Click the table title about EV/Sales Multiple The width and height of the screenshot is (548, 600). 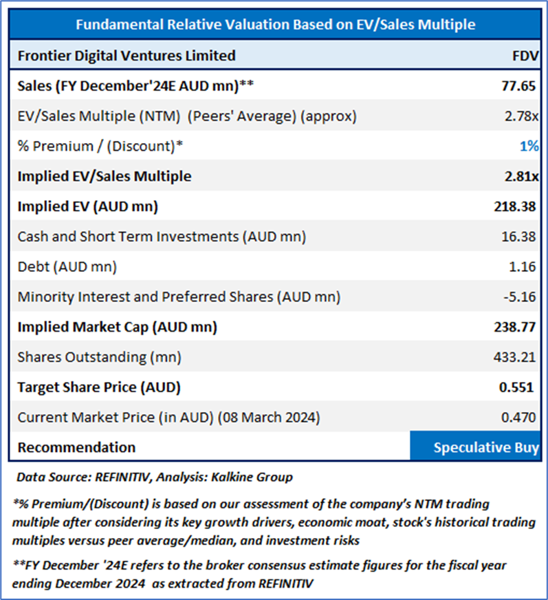(x=275, y=25)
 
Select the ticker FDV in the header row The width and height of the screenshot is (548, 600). (x=525, y=55)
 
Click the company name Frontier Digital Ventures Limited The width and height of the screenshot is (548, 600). (x=127, y=55)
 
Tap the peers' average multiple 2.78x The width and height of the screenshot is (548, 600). (x=520, y=116)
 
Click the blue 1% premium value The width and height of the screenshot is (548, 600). (x=529, y=146)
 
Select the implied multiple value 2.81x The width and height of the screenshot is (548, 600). (x=520, y=176)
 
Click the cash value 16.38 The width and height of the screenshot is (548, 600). (x=519, y=237)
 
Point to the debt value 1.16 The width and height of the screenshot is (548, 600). (x=523, y=267)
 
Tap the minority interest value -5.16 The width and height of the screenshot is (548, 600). (x=520, y=297)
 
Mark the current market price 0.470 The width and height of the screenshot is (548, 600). (x=519, y=417)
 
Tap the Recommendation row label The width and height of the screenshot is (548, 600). (x=76, y=447)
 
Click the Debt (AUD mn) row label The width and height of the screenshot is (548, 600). (x=67, y=267)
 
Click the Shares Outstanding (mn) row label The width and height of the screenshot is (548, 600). (x=92, y=358)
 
